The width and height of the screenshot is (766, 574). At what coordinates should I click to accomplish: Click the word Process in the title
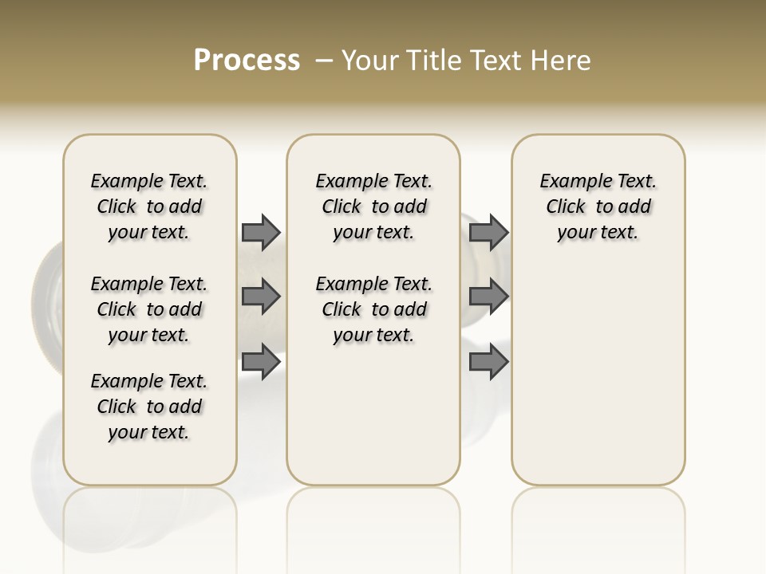(x=247, y=61)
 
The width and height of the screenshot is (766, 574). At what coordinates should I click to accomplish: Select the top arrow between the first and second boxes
(x=261, y=232)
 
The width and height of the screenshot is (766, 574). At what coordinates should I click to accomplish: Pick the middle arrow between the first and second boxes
(x=261, y=297)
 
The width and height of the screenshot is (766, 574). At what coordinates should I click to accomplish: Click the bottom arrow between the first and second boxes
(x=261, y=362)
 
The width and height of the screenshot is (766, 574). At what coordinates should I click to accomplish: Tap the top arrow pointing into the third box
(x=488, y=232)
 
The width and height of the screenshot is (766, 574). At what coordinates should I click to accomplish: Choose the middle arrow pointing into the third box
(x=488, y=297)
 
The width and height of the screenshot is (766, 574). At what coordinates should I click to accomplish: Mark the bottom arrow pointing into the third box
(x=488, y=362)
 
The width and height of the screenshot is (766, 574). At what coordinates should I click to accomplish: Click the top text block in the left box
(x=149, y=206)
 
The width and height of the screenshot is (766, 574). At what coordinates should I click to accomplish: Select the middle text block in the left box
(x=149, y=309)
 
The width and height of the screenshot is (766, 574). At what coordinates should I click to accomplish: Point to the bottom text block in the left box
(x=149, y=407)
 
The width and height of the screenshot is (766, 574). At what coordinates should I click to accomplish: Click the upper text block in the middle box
(x=373, y=206)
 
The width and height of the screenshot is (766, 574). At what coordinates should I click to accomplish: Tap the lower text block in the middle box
(x=373, y=309)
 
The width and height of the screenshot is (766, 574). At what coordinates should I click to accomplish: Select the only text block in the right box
(x=598, y=206)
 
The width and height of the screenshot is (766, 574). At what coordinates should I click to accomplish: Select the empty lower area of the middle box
(x=373, y=415)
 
